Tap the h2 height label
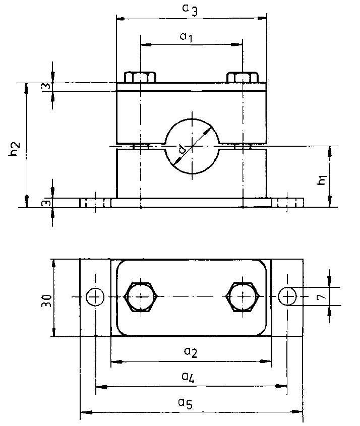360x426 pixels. [x=15, y=149]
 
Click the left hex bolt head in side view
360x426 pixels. [x=140, y=78]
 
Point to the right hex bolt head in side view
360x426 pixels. [x=243, y=78]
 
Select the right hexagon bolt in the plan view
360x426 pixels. [x=243, y=297]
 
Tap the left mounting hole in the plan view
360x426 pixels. [x=94, y=297]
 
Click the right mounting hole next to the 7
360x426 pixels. [x=287, y=297]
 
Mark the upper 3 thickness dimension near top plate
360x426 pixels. [x=45, y=87]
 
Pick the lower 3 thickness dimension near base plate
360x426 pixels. [x=45, y=203]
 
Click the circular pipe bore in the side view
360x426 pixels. [x=191, y=147]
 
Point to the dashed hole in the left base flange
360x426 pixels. [x=95, y=203]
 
